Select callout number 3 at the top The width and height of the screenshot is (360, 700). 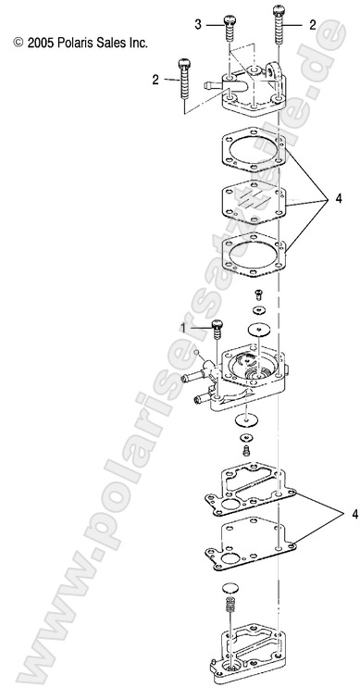(198, 25)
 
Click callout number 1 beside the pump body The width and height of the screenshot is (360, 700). (183, 329)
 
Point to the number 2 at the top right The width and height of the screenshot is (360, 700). (313, 25)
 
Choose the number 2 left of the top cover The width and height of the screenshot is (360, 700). (155, 80)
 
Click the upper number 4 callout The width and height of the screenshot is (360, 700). (339, 199)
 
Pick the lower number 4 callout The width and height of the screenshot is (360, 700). (354, 514)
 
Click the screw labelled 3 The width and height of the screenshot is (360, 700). (229, 29)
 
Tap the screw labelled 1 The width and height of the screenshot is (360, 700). (217, 330)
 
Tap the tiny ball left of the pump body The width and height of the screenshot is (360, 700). (196, 353)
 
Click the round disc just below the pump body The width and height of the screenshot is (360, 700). (246, 419)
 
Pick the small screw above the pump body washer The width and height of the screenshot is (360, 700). (257, 294)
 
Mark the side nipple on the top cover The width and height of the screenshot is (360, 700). (213, 83)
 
